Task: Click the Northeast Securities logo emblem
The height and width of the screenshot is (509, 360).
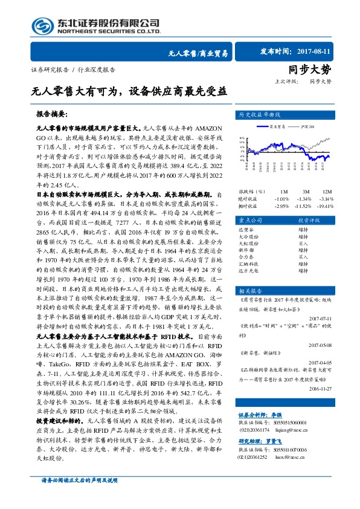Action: pos(42,25)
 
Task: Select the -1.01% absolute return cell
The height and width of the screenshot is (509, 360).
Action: pos(281,198)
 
